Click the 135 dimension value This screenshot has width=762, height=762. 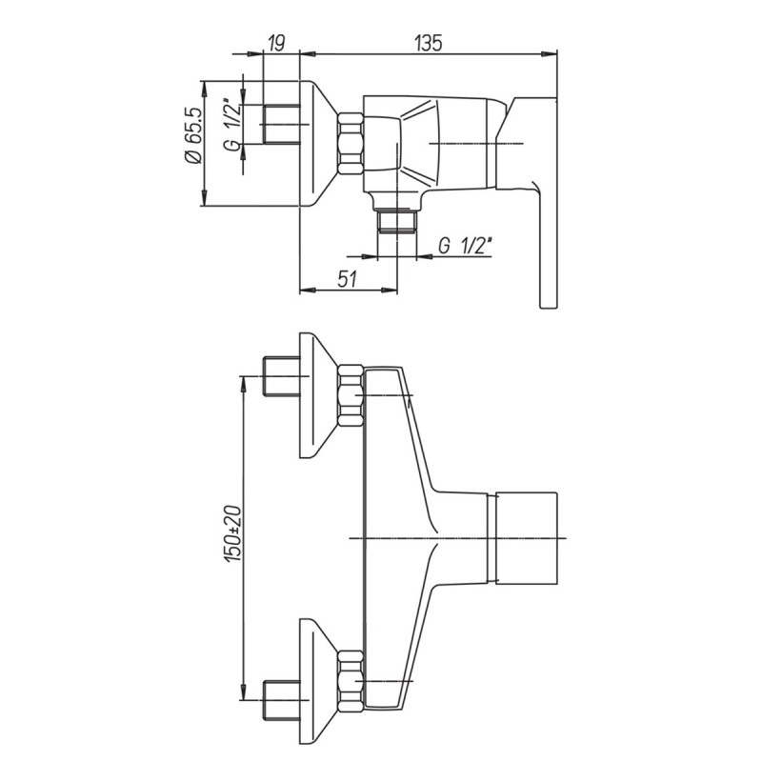[429, 43]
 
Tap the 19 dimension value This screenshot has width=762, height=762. [275, 43]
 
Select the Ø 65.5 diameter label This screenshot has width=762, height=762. [193, 135]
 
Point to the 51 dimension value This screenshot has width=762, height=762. [347, 279]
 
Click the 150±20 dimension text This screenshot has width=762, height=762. [233, 534]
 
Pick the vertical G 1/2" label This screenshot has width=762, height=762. [233, 125]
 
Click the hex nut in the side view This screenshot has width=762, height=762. [351, 144]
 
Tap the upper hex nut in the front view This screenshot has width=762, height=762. [351, 395]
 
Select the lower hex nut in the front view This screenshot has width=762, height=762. [351, 682]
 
